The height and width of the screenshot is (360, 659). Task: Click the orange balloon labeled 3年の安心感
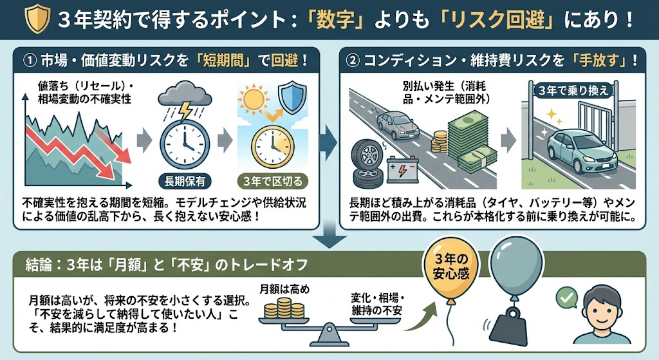(x=449, y=270)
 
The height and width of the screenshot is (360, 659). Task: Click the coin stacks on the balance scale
(x=283, y=308)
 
